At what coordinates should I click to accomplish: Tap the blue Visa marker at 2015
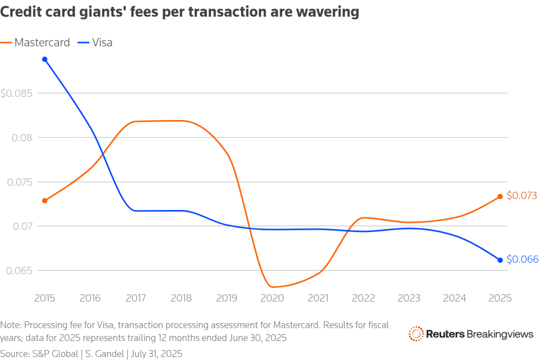[x=45, y=59]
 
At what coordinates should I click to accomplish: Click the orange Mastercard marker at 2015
[x=45, y=201]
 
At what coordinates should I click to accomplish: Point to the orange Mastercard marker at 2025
[x=500, y=196]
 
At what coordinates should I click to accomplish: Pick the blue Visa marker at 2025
[x=500, y=260]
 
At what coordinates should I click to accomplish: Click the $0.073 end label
[x=522, y=196]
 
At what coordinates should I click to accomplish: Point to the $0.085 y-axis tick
[x=16, y=94]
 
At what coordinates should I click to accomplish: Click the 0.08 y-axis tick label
[x=22, y=138]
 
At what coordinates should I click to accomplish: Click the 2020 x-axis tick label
[x=273, y=298]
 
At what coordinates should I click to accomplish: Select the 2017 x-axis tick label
[x=136, y=298]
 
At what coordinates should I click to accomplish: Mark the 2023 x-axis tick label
[x=409, y=298]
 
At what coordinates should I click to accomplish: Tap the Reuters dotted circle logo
[x=416, y=334]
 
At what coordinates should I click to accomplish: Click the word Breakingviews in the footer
[x=501, y=334]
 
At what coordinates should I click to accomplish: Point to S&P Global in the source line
[x=55, y=354]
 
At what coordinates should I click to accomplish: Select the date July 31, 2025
[x=156, y=354]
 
